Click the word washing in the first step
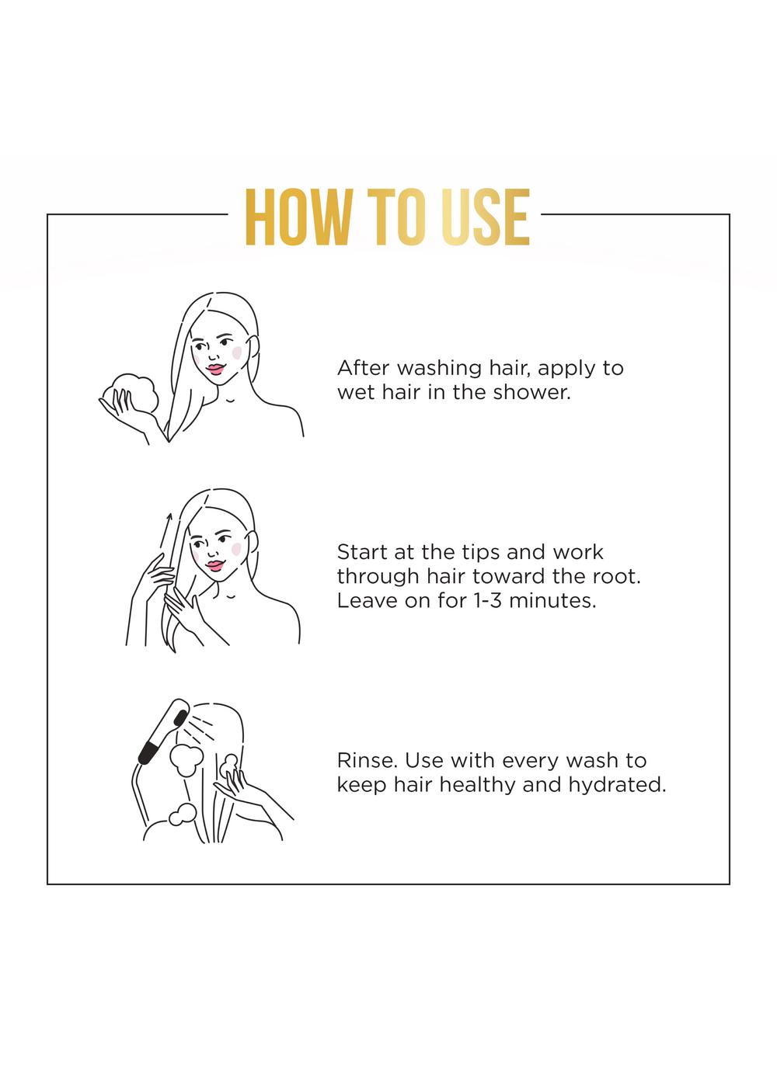[440, 369]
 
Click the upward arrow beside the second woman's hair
[166, 530]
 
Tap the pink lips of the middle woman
[215, 565]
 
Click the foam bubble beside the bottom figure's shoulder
[183, 814]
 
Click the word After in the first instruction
[363, 368]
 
